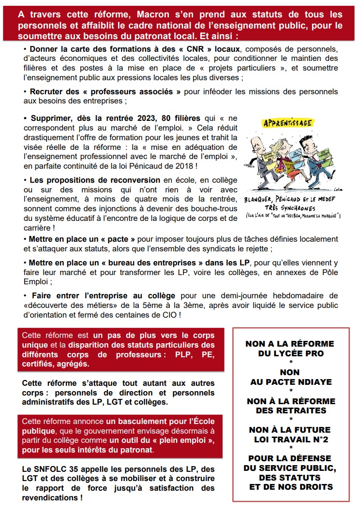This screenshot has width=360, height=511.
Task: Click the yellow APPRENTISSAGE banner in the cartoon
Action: tap(287, 123)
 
